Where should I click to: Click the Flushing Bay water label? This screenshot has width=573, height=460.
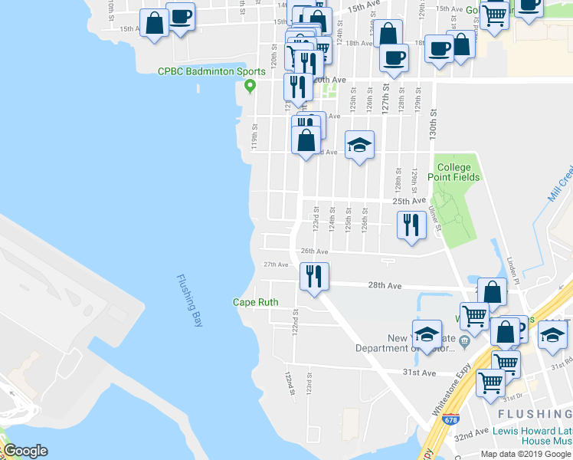(188, 301)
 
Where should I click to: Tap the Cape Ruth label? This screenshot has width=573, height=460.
(256, 302)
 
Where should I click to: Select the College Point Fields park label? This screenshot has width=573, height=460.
(458, 172)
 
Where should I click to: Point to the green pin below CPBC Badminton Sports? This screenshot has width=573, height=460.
(249, 86)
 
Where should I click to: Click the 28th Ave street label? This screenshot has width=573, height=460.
(385, 285)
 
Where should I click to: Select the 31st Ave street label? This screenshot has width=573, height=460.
(420, 373)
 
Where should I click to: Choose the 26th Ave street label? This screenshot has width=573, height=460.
(314, 251)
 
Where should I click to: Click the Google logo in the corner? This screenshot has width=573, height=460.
(25, 451)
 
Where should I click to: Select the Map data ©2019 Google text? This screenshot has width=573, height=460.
(526, 454)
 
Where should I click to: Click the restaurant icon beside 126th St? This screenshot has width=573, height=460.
(411, 225)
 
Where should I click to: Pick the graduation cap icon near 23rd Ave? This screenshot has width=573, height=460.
(359, 145)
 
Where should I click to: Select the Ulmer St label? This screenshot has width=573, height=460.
(434, 216)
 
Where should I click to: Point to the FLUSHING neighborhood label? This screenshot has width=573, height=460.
(534, 414)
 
